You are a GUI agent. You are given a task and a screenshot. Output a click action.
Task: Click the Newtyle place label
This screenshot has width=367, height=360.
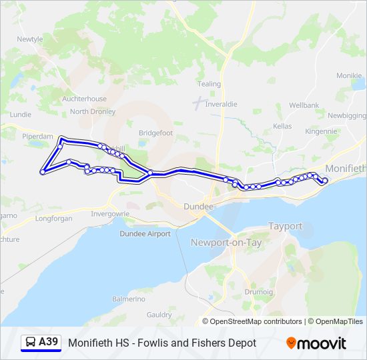(x=29, y=39)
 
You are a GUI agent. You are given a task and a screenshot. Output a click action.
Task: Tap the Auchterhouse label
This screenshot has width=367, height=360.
(x=84, y=99)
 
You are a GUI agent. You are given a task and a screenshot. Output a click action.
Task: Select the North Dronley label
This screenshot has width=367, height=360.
(x=92, y=111)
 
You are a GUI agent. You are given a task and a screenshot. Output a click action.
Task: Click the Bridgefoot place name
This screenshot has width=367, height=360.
(x=155, y=133)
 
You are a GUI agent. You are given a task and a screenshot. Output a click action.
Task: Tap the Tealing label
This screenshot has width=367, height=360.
(x=209, y=84)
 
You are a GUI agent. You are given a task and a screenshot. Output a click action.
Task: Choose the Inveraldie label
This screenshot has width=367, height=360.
(x=221, y=104)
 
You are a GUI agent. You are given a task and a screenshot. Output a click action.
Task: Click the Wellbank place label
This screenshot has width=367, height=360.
(x=304, y=105)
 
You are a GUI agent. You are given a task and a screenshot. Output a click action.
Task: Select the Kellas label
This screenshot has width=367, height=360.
(x=282, y=126)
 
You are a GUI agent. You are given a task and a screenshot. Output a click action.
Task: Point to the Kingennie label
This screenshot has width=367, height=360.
(x=322, y=131)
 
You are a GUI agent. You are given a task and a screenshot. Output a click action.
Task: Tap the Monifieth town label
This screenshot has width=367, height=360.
(x=345, y=169)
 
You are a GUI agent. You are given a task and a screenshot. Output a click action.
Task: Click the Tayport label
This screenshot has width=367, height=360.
(x=285, y=227)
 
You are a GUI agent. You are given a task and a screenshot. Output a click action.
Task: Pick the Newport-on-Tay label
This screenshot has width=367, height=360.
(x=226, y=242)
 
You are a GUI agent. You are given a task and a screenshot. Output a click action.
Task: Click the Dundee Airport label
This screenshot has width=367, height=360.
(x=145, y=233)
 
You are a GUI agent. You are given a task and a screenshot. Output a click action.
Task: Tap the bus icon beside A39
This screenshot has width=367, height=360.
(x=30, y=343)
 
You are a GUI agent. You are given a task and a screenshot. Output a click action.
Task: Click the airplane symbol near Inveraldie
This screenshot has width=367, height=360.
(x=198, y=103)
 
